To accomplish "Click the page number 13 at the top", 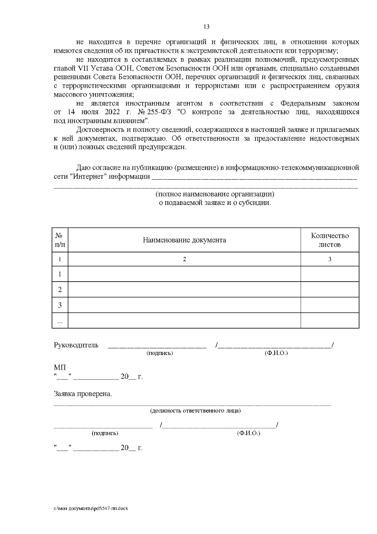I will pos(206,27).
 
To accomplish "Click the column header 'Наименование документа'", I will pos(184,240).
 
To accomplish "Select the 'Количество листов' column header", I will pos(330,240).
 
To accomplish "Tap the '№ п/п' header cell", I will pos(60,240).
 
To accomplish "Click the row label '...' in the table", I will pos(60,321).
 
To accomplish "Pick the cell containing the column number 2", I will pos(184,259).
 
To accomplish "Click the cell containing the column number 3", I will pos(330,259).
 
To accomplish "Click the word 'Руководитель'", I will pos(76,345).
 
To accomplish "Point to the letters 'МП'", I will pos(60,368).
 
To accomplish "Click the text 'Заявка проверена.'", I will pos(83,394).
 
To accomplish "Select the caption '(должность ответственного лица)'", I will pos(195,411).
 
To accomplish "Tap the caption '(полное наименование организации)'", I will pos(215,194).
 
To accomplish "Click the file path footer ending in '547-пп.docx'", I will pos(91,509).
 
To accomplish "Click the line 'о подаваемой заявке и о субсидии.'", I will pos(215,203).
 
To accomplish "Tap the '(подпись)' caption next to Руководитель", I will pos(160,353).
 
